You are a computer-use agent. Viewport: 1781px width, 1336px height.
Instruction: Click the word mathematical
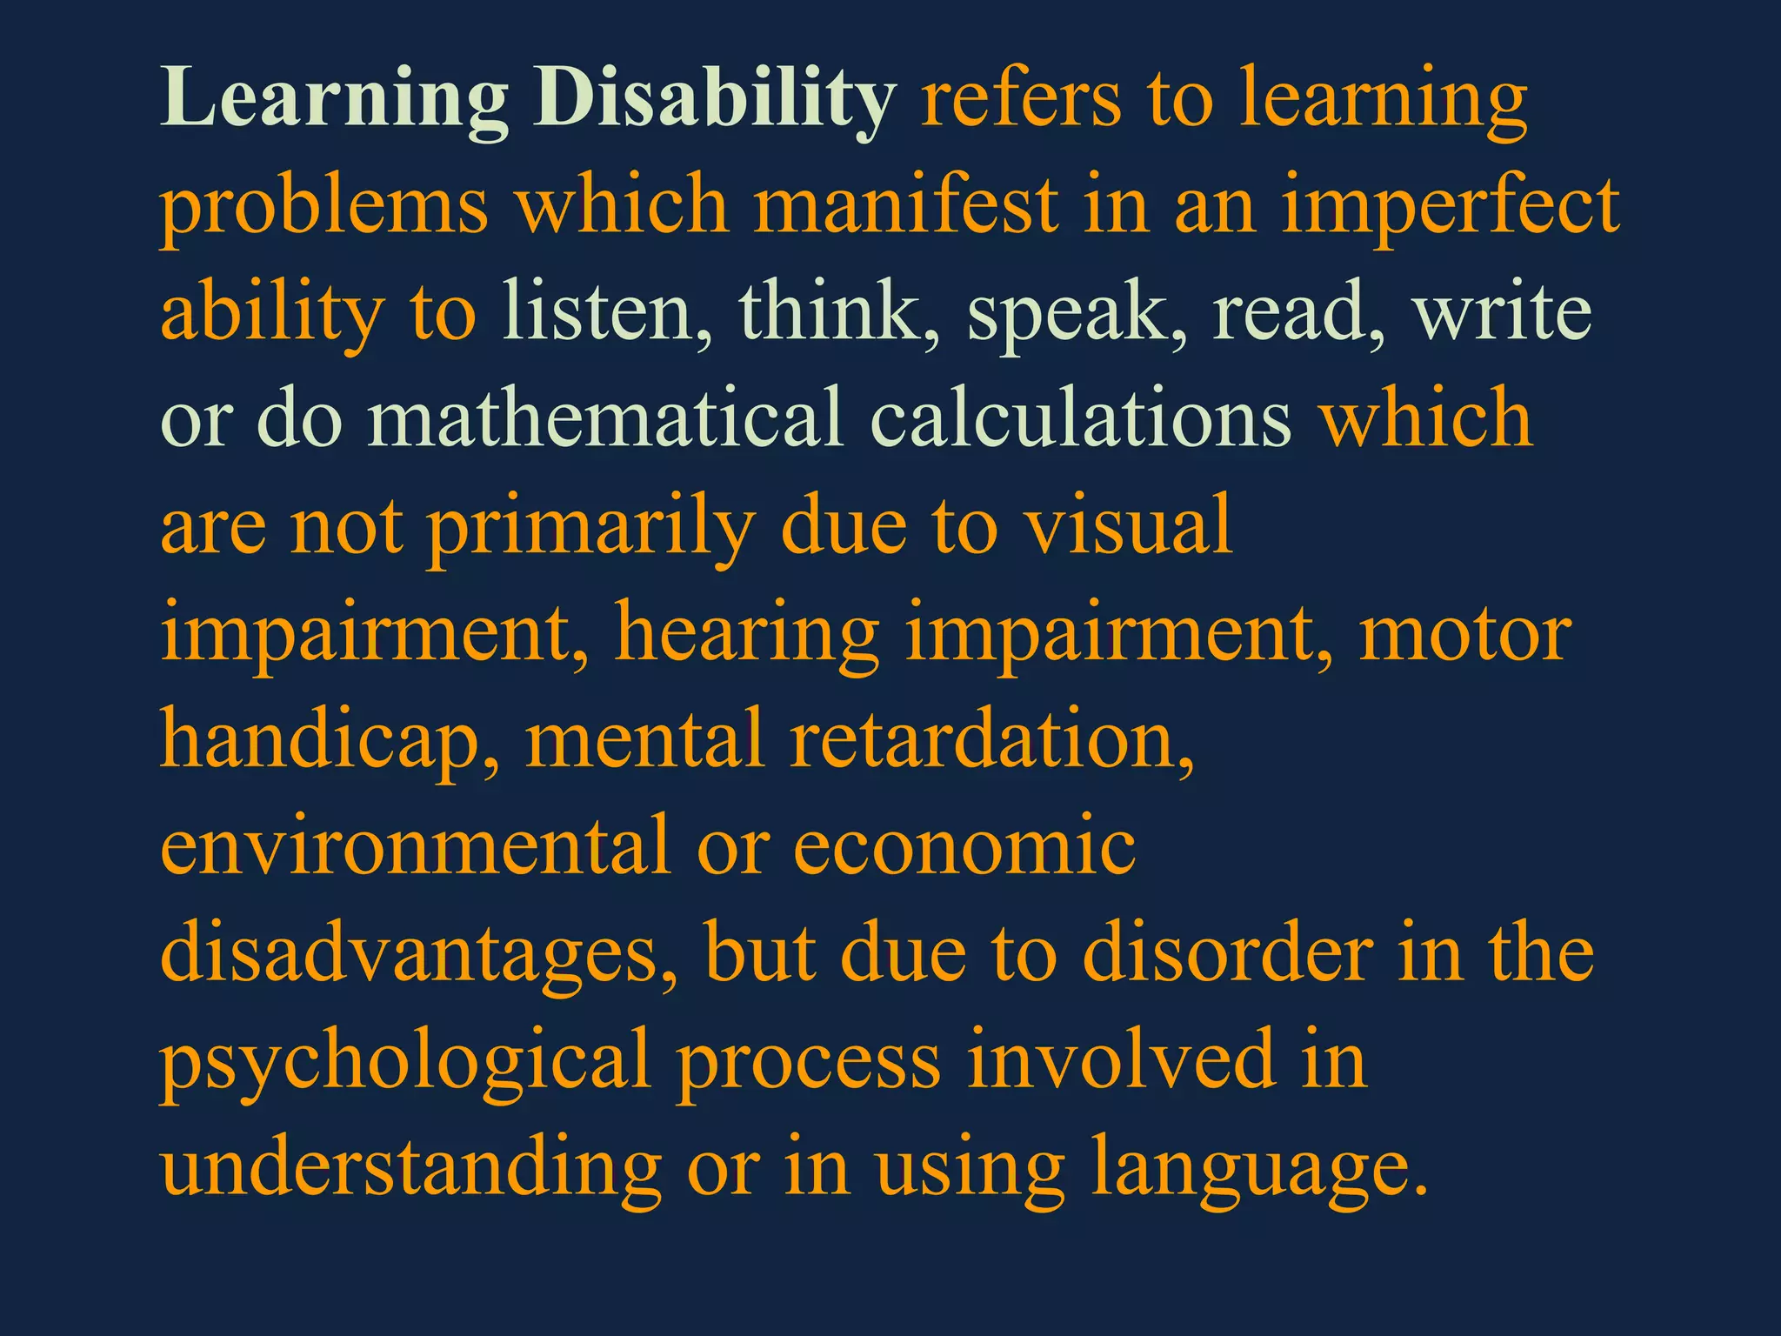(605, 418)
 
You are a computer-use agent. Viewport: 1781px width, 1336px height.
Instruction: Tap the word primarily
(590, 526)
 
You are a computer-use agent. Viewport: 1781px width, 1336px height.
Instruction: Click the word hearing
(747, 633)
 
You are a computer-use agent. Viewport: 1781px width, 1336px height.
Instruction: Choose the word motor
(1464, 633)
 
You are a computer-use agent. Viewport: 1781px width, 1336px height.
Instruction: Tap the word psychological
(405, 1061)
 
